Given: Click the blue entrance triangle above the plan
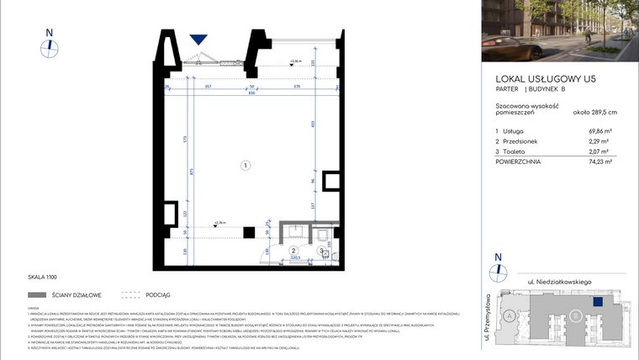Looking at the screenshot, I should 198,40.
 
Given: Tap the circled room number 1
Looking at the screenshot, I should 245,166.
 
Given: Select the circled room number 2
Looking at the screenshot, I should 293,251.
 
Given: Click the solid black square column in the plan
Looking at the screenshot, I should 249,232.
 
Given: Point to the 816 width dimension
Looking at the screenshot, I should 251,93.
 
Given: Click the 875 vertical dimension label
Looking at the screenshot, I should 193,172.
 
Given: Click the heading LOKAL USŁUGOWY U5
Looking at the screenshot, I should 545,78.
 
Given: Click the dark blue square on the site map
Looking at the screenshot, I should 598,299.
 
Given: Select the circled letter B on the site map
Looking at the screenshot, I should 575,315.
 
